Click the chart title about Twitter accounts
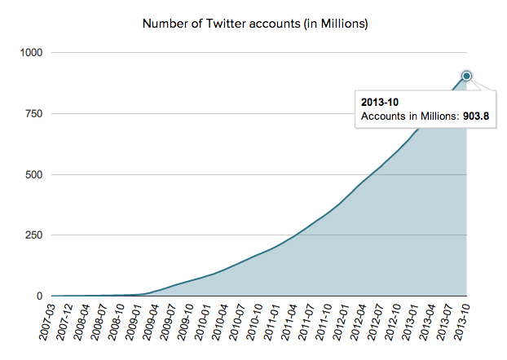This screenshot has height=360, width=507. point(255,24)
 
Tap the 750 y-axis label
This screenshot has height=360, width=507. point(35,114)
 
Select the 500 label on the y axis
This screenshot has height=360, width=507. point(35,175)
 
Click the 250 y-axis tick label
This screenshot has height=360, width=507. point(35,235)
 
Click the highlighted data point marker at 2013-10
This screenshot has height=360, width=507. point(467,76)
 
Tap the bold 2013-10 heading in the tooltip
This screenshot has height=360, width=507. point(380,103)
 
